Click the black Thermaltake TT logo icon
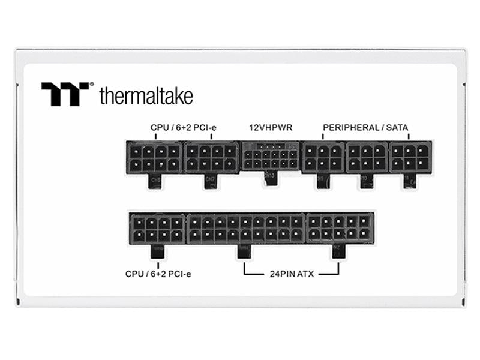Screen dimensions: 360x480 [65, 94]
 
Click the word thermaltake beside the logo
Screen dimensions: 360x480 [146, 96]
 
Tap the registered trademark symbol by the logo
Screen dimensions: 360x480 [91, 85]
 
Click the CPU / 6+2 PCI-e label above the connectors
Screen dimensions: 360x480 [182, 128]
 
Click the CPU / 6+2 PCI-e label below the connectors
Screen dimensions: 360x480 [158, 274]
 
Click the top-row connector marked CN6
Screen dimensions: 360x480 [154, 157]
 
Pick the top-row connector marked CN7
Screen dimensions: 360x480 [211, 157]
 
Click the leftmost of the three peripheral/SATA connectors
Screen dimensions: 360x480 [323, 157]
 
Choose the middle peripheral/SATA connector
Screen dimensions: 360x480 [367, 157]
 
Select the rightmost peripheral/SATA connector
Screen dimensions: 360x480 [410, 157]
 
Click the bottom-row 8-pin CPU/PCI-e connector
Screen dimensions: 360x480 [157, 228]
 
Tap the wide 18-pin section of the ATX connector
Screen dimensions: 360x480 [246, 228]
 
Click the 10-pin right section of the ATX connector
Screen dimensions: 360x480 [340, 228]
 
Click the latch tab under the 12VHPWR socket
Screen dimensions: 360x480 [270, 178]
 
